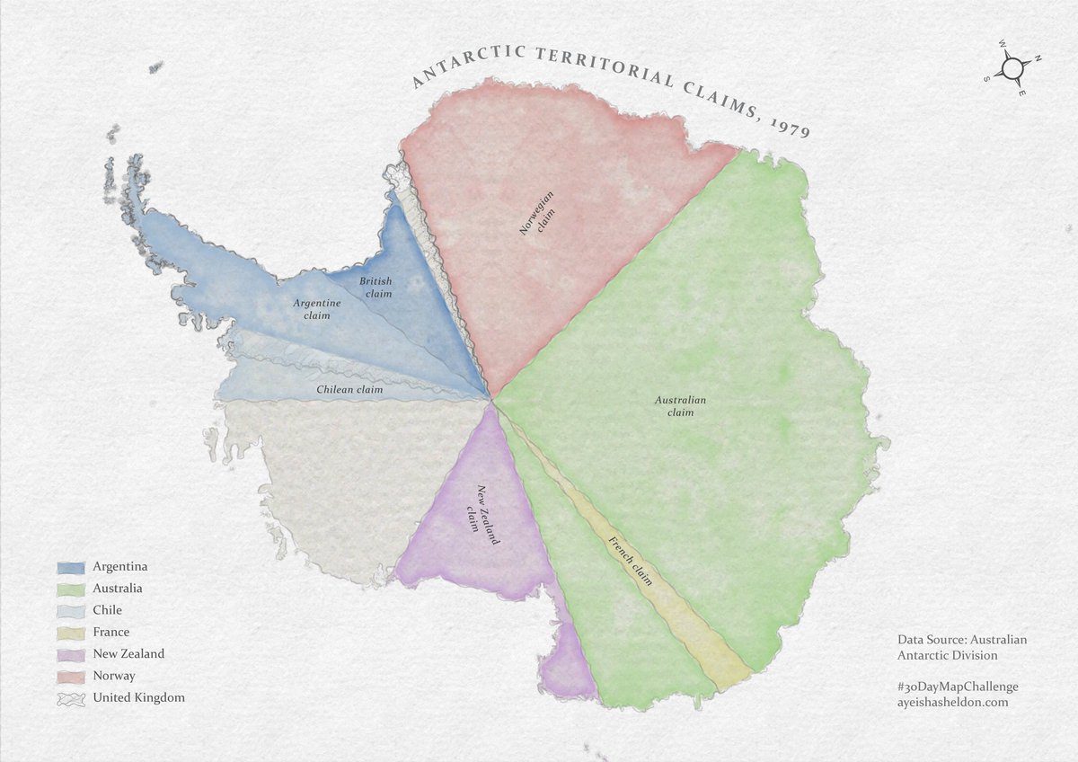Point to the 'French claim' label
tap(631, 561)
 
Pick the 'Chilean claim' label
tap(349, 390)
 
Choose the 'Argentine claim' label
tap(316, 309)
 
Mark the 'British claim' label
tap(376, 288)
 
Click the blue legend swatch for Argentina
tap(71, 568)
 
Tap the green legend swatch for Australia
tap(71, 589)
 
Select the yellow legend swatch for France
tap(71, 634)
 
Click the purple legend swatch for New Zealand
tap(71, 655)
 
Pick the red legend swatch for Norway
tap(71, 677)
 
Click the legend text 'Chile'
tap(107, 611)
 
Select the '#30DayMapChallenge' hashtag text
tap(958, 686)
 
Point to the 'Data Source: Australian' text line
tap(961, 640)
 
